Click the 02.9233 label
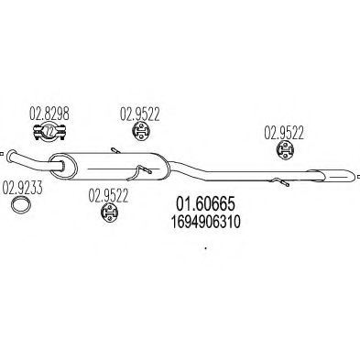19,190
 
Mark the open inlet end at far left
5,156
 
